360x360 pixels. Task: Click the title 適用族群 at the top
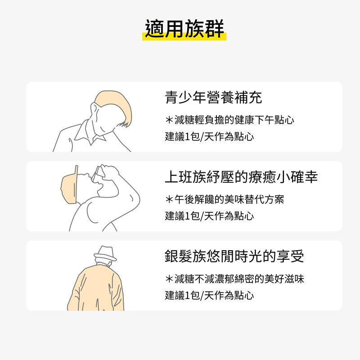[x=184, y=29]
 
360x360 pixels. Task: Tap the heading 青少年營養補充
[x=213, y=97]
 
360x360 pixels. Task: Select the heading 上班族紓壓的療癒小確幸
[x=241, y=177]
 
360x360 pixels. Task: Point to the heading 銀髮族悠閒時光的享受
[x=234, y=256]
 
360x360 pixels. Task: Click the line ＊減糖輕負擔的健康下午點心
[x=229, y=120]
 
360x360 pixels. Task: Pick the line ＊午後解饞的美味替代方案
[x=225, y=199]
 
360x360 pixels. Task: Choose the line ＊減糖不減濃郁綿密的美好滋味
[x=234, y=279]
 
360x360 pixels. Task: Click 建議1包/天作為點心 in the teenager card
[x=209, y=137]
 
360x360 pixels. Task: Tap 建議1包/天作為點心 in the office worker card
[x=209, y=216]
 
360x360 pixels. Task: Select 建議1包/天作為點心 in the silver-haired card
[x=209, y=296]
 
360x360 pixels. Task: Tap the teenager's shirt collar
[x=90, y=134]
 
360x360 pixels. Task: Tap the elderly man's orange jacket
[x=96, y=288]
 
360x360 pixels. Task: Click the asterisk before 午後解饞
[x=169, y=199]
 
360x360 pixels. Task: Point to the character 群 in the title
[x=214, y=29]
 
